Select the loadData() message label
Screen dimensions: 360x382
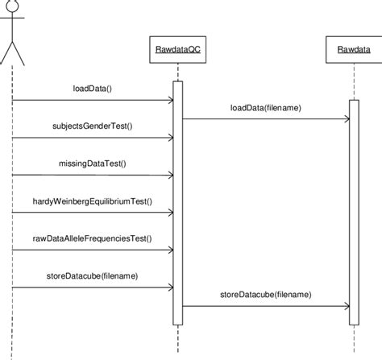tap(93, 88)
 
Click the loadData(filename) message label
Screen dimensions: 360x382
tap(266, 107)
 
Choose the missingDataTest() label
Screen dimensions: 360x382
tap(93, 163)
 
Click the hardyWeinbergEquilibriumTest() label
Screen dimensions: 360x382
tap(93, 201)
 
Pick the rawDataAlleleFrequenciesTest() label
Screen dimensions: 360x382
tap(93, 238)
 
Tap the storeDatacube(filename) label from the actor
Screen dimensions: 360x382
tap(93, 275)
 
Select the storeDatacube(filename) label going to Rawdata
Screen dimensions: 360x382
tap(266, 295)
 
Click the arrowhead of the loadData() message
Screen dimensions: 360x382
tap(169, 100)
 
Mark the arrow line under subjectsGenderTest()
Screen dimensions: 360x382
tap(93, 138)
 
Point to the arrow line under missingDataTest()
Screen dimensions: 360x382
tap(93, 175)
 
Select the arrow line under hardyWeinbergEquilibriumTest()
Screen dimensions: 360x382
tap(93, 213)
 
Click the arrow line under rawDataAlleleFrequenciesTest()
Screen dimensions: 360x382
tap(93, 250)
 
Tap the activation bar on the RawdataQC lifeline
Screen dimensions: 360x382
tap(178, 201)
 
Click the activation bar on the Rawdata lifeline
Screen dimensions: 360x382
tap(353, 209)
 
